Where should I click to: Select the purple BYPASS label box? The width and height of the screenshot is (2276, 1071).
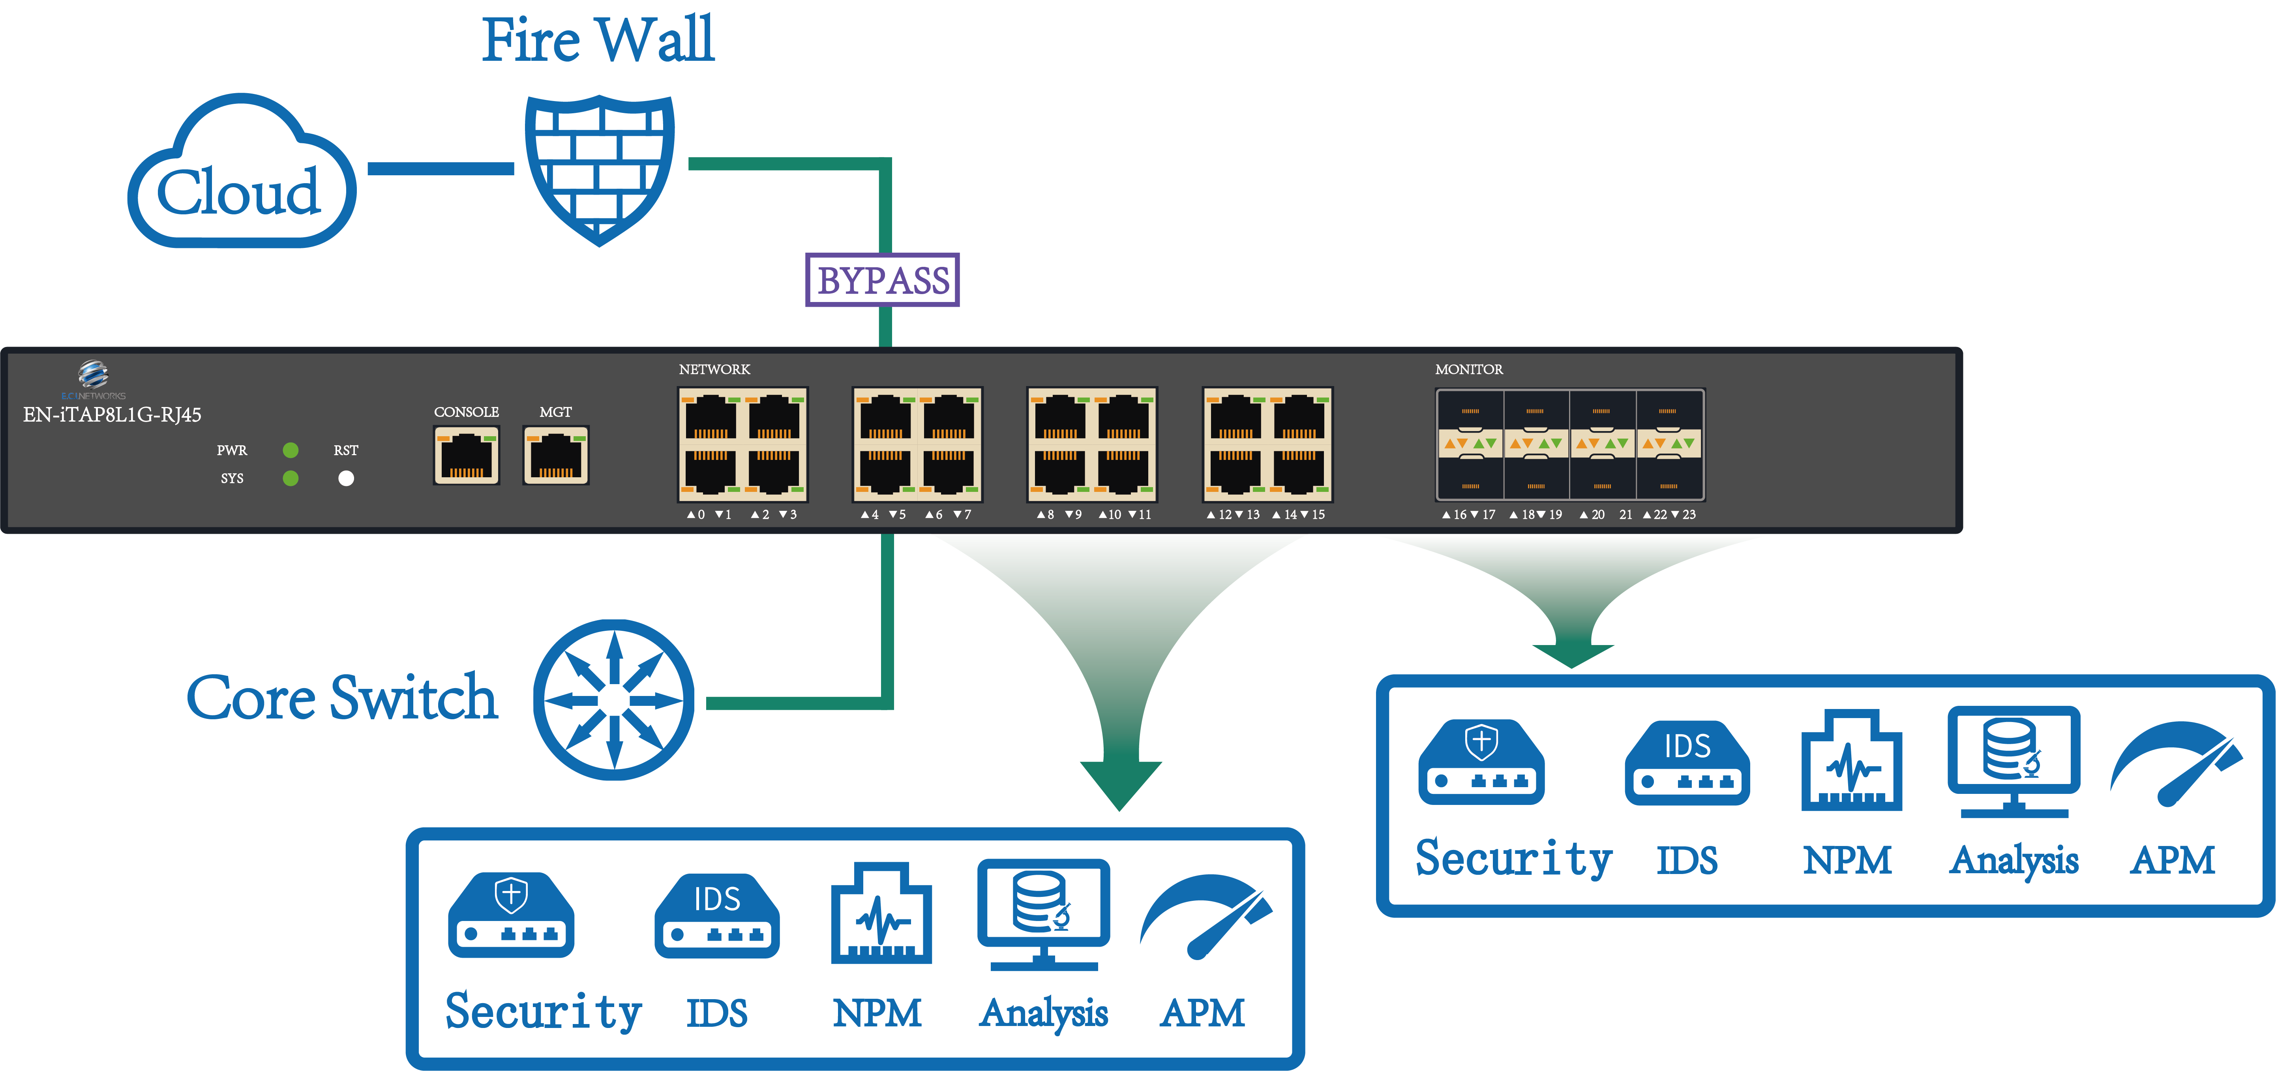pyautogui.click(x=882, y=280)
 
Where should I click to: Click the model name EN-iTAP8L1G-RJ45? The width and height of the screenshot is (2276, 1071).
pyautogui.click(x=112, y=415)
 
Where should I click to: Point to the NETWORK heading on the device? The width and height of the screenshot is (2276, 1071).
pyautogui.click(x=714, y=370)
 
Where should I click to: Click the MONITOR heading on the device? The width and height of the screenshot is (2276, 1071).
pyautogui.click(x=1468, y=370)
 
